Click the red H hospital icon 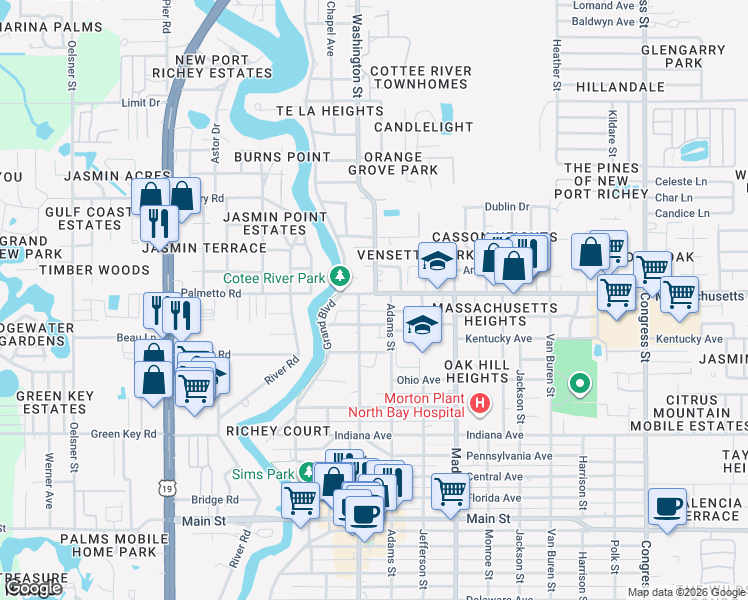[481, 404]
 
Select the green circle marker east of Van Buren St [577, 383]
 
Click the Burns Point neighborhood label [281, 157]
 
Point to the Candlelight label [423, 127]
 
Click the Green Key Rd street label [124, 434]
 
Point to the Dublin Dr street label [506, 207]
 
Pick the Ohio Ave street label [419, 380]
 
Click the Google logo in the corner [33, 588]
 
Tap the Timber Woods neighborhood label [94, 270]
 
